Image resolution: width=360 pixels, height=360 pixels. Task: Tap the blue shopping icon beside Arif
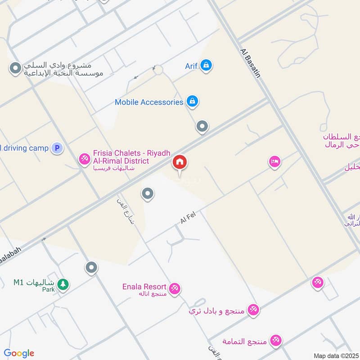pyautogui.click(x=206, y=65)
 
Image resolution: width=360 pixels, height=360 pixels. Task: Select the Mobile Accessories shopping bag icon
pyautogui.click(x=192, y=102)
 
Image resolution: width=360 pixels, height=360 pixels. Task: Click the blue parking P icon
pyautogui.click(x=57, y=148)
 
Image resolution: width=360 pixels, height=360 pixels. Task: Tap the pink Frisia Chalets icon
pyautogui.click(x=84, y=159)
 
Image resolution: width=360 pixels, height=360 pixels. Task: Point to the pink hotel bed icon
pyautogui.click(x=274, y=162)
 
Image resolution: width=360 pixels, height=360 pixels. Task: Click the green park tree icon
pyautogui.click(x=63, y=283)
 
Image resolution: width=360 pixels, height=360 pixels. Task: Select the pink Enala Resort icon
pyautogui.click(x=175, y=288)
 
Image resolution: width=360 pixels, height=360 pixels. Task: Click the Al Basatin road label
pyautogui.click(x=251, y=63)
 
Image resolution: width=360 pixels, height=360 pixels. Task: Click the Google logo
pyautogui.click(x=19, y=353)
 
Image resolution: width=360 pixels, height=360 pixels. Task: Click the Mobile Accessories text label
pyautogui.click(x=149, y=102)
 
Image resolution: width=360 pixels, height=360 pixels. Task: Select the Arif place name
pyautogui.click(x=192, y=66)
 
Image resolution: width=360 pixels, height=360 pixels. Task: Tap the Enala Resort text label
pyautogui.click(x=144, y=287)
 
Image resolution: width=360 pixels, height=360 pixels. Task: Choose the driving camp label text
pyautogui.click(x=25, y=148)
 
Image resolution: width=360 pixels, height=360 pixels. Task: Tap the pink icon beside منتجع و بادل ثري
pyautogui.click(x=253, y=310)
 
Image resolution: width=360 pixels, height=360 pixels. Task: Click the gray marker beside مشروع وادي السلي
pyautogui.click(x=16, y=69)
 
